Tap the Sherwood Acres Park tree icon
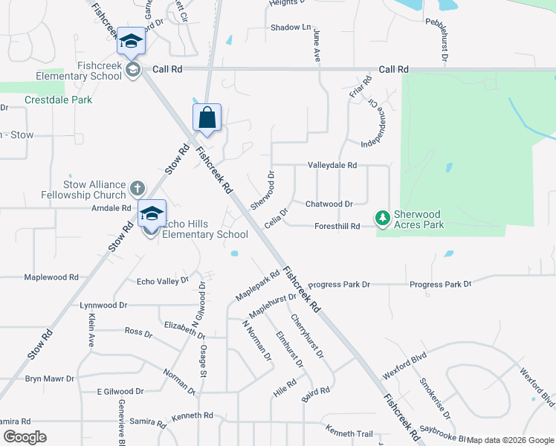click(x=382, y=218)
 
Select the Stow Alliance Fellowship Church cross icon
click(x=137, y=188)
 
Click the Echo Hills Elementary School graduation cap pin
click(x=152, y=213)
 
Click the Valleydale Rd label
click(x=332, y=166)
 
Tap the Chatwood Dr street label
click(x=329, y=204)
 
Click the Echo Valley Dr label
click(x=162, y=281)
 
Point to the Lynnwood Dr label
click(x=103, y=305)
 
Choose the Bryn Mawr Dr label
click(x=50, y=378)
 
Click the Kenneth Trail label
click(x=348, y=433)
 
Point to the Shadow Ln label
click(x=291, y=28)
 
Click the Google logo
click(x=25, y=437)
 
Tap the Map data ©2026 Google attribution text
click(x=511, y=440)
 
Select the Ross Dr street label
click(x=138, y=332)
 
